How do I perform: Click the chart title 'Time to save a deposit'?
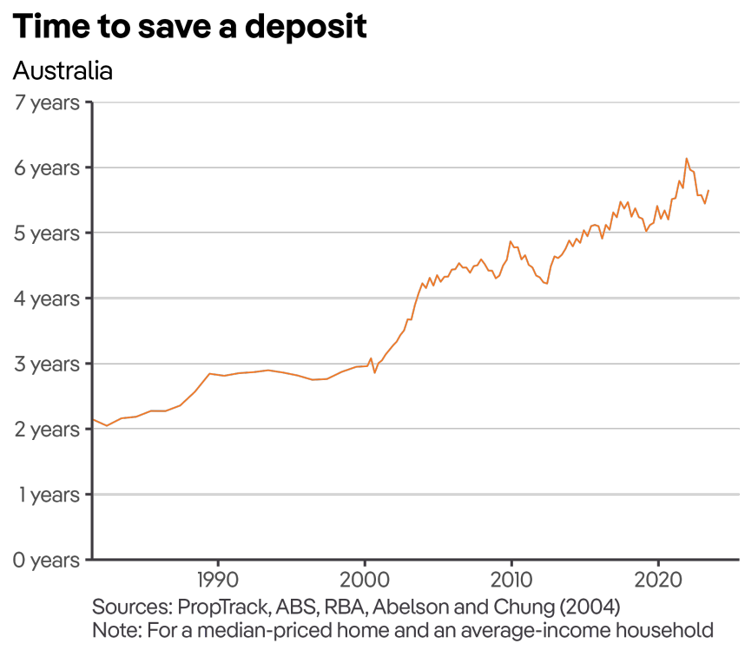(x=190, y=27)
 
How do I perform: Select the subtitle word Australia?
(x=63, y=70)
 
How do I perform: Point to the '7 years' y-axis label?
(x=47, y=102)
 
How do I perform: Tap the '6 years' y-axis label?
(x=47, y=167)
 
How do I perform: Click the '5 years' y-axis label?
(x=47, y=233)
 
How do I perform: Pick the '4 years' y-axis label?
(x=47, y=299)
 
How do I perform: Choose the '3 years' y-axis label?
(x=47, y=364)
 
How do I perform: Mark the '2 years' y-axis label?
(x=47, y=429)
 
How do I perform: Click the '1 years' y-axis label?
(x=47, y=495)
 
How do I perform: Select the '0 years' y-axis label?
(x=47, y=560)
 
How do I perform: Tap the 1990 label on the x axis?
(x=217, y=579)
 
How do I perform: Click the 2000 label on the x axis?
(x=364, y=579)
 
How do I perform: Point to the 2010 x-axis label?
(x=511, y=579)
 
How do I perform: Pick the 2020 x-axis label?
(x=657, y=579)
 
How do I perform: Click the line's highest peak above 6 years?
(x=687, y=159)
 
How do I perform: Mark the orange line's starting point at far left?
(x=93, y=420)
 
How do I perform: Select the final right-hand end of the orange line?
(x=709, y=191)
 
